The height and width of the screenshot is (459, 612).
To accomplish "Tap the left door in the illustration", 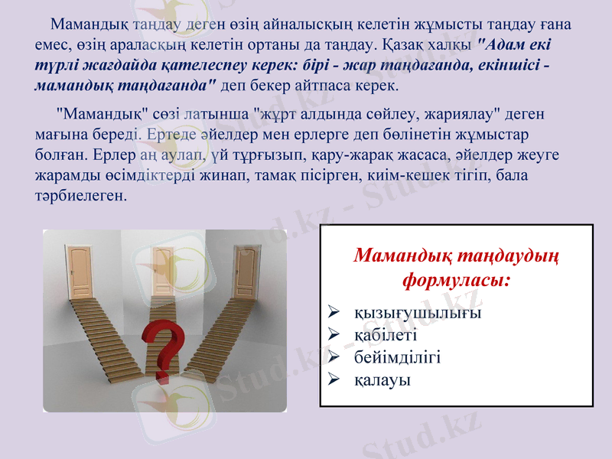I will [78, 272].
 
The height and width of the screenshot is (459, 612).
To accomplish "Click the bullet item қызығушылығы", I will [418, 313].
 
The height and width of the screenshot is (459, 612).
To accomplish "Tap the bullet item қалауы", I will [382, 379].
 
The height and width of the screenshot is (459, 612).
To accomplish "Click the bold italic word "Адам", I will [500, 44].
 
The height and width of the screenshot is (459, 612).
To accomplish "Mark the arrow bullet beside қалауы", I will [333, 379].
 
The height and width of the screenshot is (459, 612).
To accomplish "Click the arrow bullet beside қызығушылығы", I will [333, 313].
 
